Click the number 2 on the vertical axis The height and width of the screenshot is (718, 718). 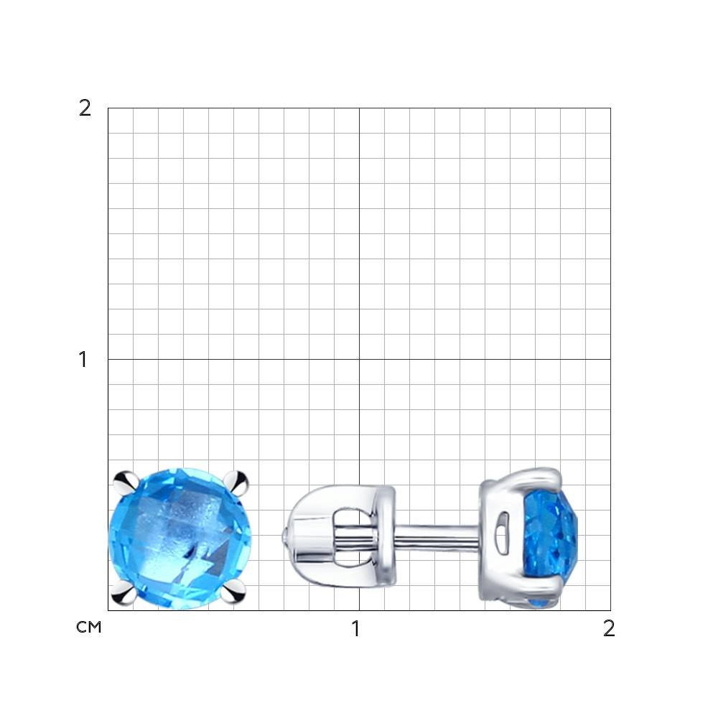85,108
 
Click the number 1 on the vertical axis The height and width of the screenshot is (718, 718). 83,360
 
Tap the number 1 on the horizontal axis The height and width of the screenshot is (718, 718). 356,629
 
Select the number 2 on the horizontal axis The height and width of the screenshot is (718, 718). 609,629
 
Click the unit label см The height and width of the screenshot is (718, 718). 89,628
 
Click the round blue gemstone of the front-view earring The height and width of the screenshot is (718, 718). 180,538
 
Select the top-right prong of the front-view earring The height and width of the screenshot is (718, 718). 236,482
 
